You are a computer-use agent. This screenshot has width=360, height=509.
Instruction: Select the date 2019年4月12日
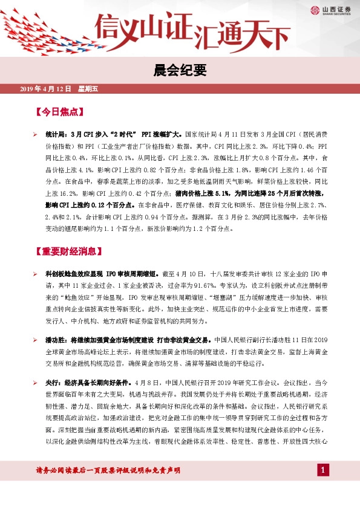(46, 89)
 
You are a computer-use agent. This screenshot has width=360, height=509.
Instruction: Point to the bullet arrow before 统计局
(35, 135)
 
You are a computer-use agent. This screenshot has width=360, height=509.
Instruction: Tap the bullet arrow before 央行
(35, 383)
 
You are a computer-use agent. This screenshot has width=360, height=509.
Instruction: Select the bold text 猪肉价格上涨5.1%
(202, 193)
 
